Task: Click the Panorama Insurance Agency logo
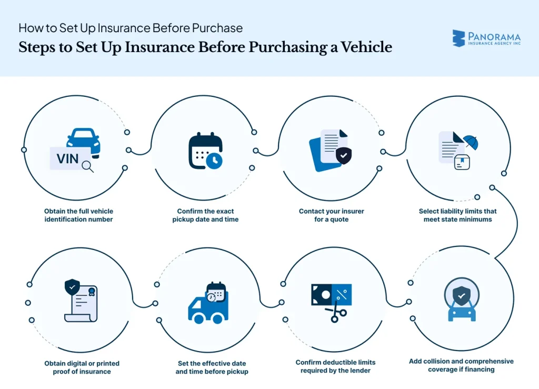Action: tap(486, 38)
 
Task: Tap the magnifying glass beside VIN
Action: tap(87, 167)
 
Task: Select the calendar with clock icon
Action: tap(205, 151)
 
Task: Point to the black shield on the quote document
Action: tap(343, 155)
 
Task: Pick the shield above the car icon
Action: tap(461, 296)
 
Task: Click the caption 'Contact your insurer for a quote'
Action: tap(332, 215)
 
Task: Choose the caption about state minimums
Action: tap(457, 215)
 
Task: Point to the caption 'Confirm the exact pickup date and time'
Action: tap(205, 215)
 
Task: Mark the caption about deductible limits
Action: tap(335, 366)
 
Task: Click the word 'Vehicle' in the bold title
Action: tap(366, 47)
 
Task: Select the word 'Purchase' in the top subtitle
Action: tap(217, 27)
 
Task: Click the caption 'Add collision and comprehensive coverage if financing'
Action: tap(461, 365)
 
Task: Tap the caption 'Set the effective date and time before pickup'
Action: tap(212, 367)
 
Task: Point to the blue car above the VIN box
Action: tap(83, 138)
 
